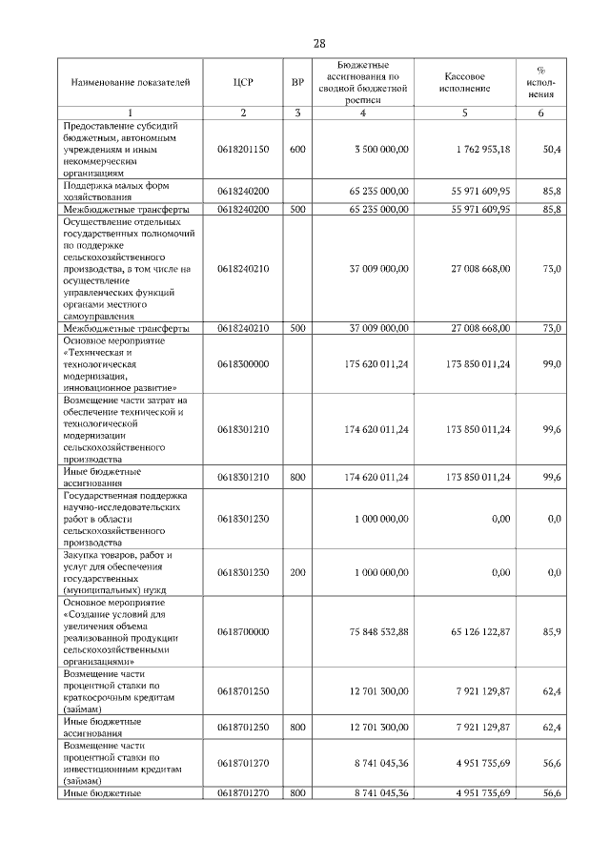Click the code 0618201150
[243, 150]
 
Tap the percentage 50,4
[551, 150]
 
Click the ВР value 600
[297, 150]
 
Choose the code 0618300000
[243, 364]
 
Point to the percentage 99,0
[551, 364]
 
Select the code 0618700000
[243, 632]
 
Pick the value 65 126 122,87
[478, 632]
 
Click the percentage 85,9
[551, 632]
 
